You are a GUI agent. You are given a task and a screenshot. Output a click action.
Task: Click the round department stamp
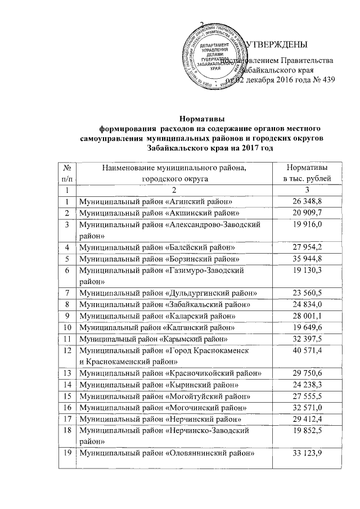click(214, 57)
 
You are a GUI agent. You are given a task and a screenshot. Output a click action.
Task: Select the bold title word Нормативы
click(202, 119)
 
